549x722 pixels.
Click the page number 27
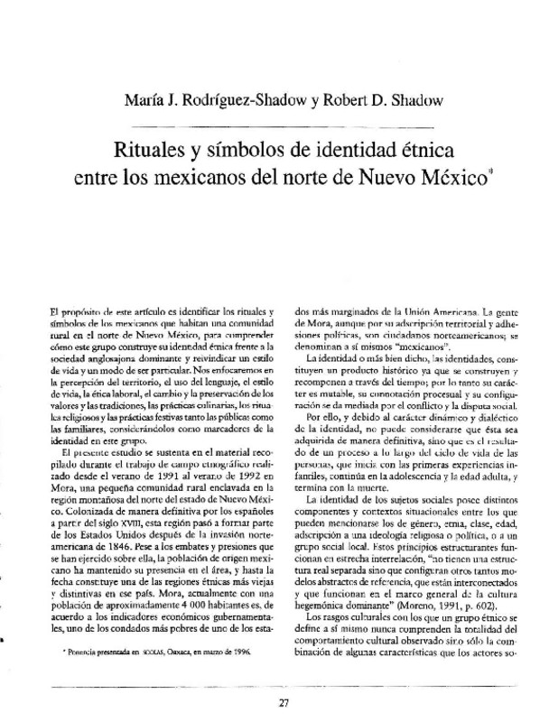[284, 680]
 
